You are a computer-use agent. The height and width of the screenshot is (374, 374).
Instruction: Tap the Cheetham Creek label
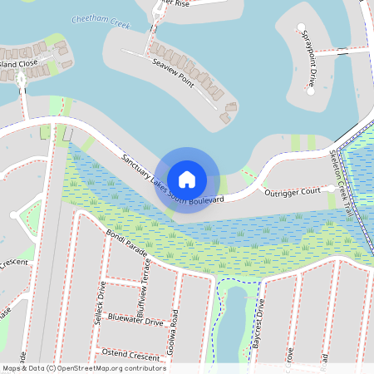click(x=101, y=22)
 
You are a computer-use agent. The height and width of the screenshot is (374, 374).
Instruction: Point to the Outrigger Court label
click(x=292, y=193)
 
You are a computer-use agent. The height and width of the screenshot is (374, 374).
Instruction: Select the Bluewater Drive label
click(x=135, y=321)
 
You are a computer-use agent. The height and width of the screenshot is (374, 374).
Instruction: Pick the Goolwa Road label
click(x=174, y=327)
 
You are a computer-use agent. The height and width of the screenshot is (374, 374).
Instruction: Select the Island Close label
click(x=18, y=63)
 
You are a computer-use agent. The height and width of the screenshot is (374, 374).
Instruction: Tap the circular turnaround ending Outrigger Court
click(x=331, y=189)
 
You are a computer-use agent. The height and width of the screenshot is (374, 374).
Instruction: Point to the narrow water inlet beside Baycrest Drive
click(x=235, y=320)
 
